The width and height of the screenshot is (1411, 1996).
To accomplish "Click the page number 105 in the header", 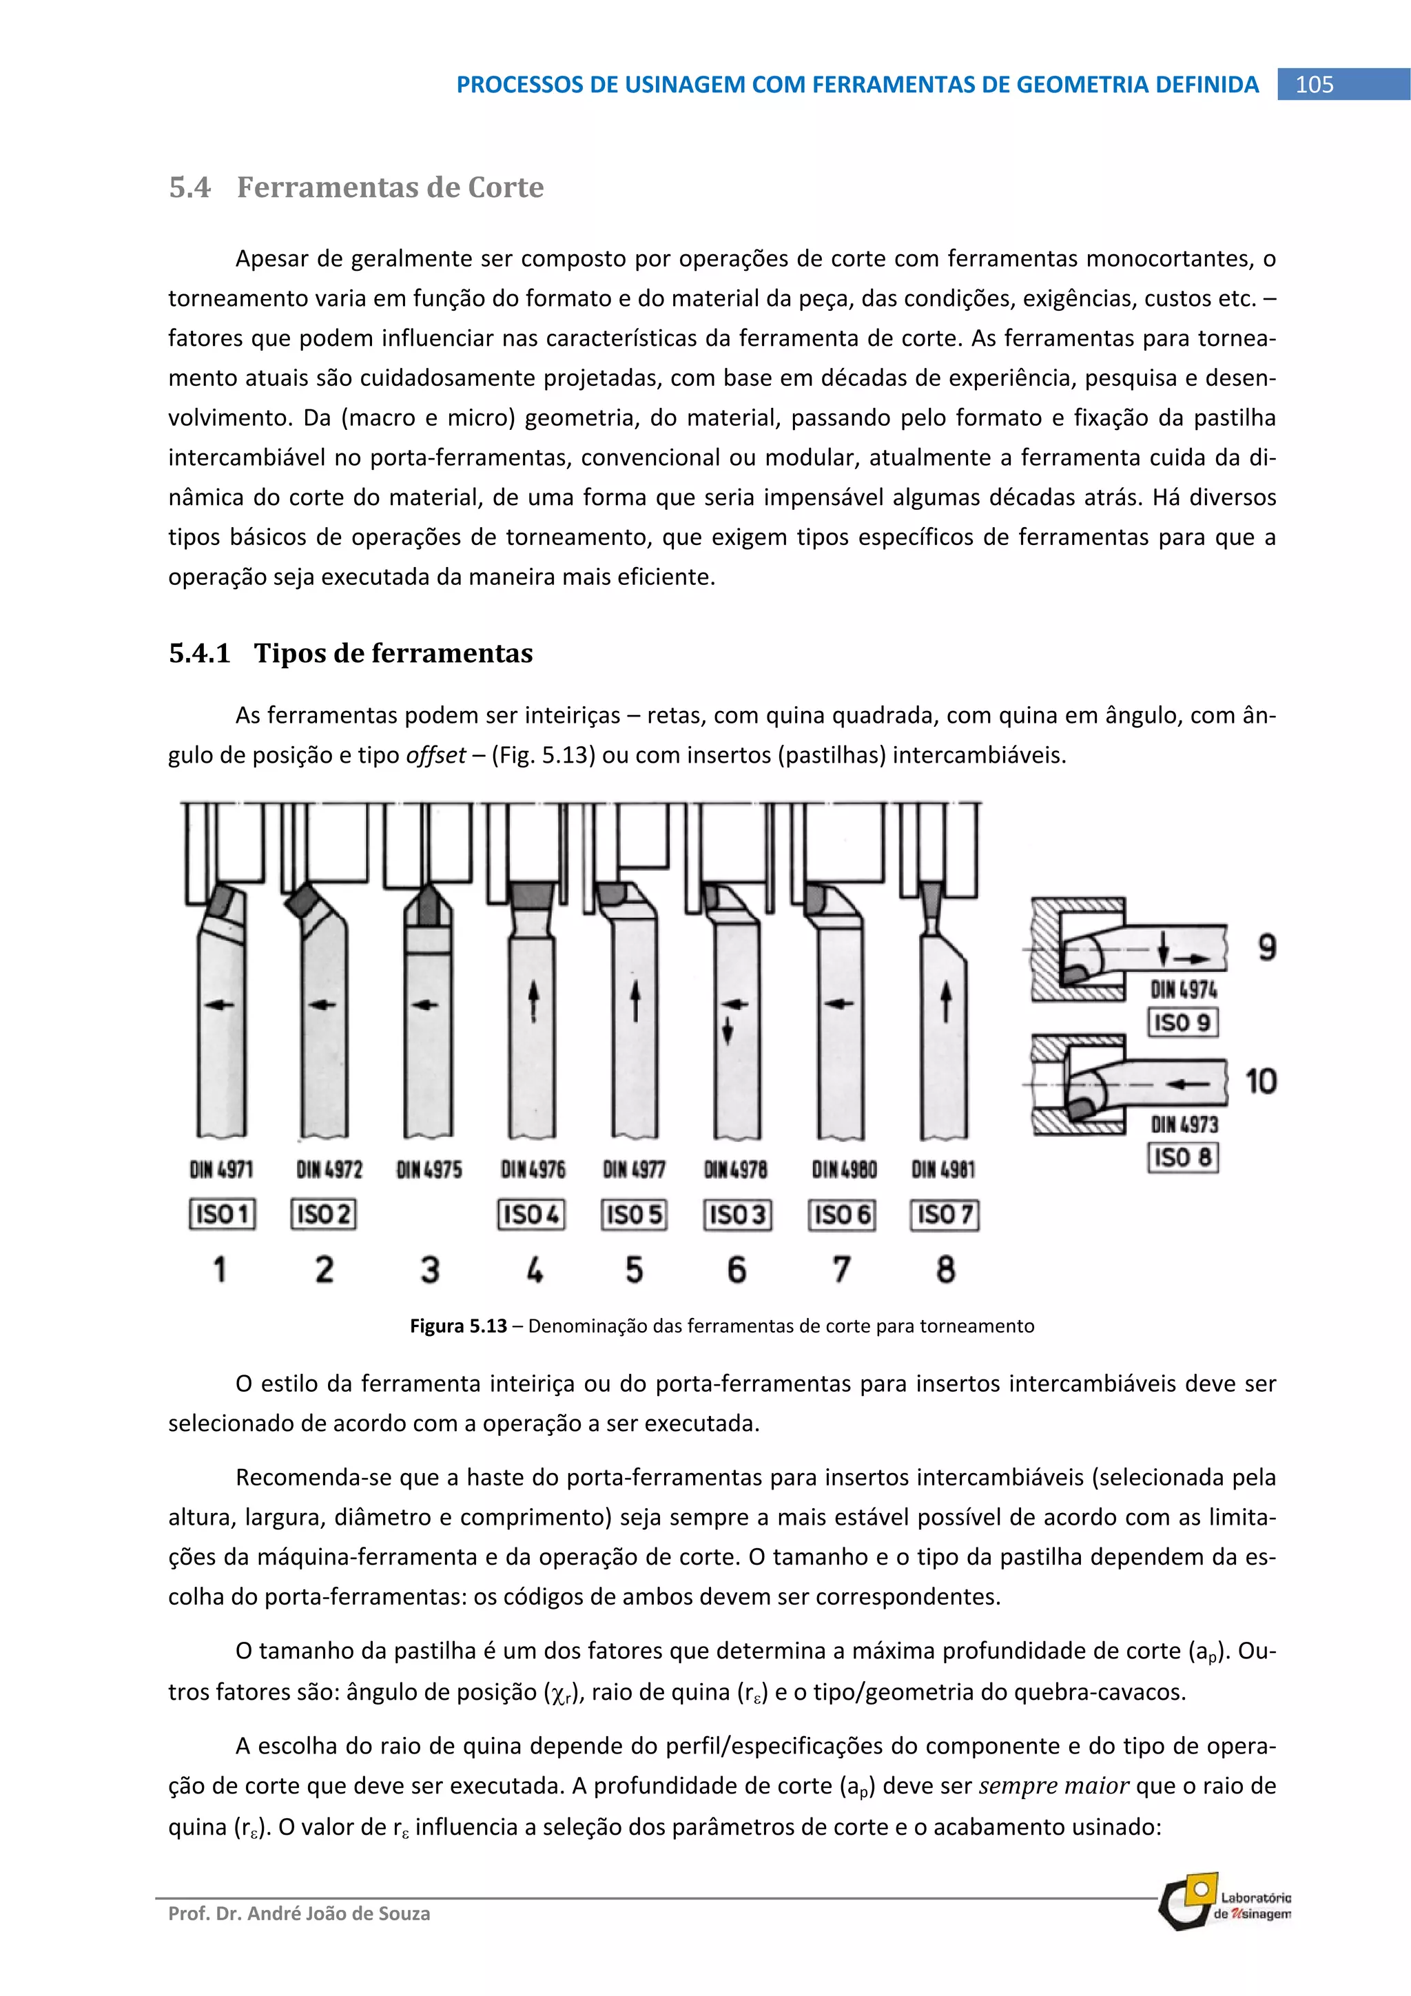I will coord(1314,84).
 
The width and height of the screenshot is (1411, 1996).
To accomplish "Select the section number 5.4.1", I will coord(199,653).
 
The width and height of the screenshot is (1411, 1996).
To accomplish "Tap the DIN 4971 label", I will coord(222,1169).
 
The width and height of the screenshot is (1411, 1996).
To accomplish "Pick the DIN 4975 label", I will coord(429,1169).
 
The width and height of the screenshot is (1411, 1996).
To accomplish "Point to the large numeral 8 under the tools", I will coord(946,1270).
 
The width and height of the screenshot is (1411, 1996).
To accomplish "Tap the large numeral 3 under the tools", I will coord(429,1270).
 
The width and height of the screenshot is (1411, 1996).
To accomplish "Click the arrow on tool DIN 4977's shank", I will coord(635,1002).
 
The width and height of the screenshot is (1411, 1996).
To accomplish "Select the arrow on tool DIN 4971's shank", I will coord(219,1004).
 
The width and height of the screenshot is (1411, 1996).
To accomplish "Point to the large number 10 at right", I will coord(1261,1082).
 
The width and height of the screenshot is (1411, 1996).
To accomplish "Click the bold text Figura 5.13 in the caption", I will coord(458,1326).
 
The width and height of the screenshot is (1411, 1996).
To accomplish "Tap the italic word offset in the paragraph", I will coord(435,754).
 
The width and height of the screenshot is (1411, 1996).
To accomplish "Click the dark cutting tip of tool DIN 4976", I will coord(532,896).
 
